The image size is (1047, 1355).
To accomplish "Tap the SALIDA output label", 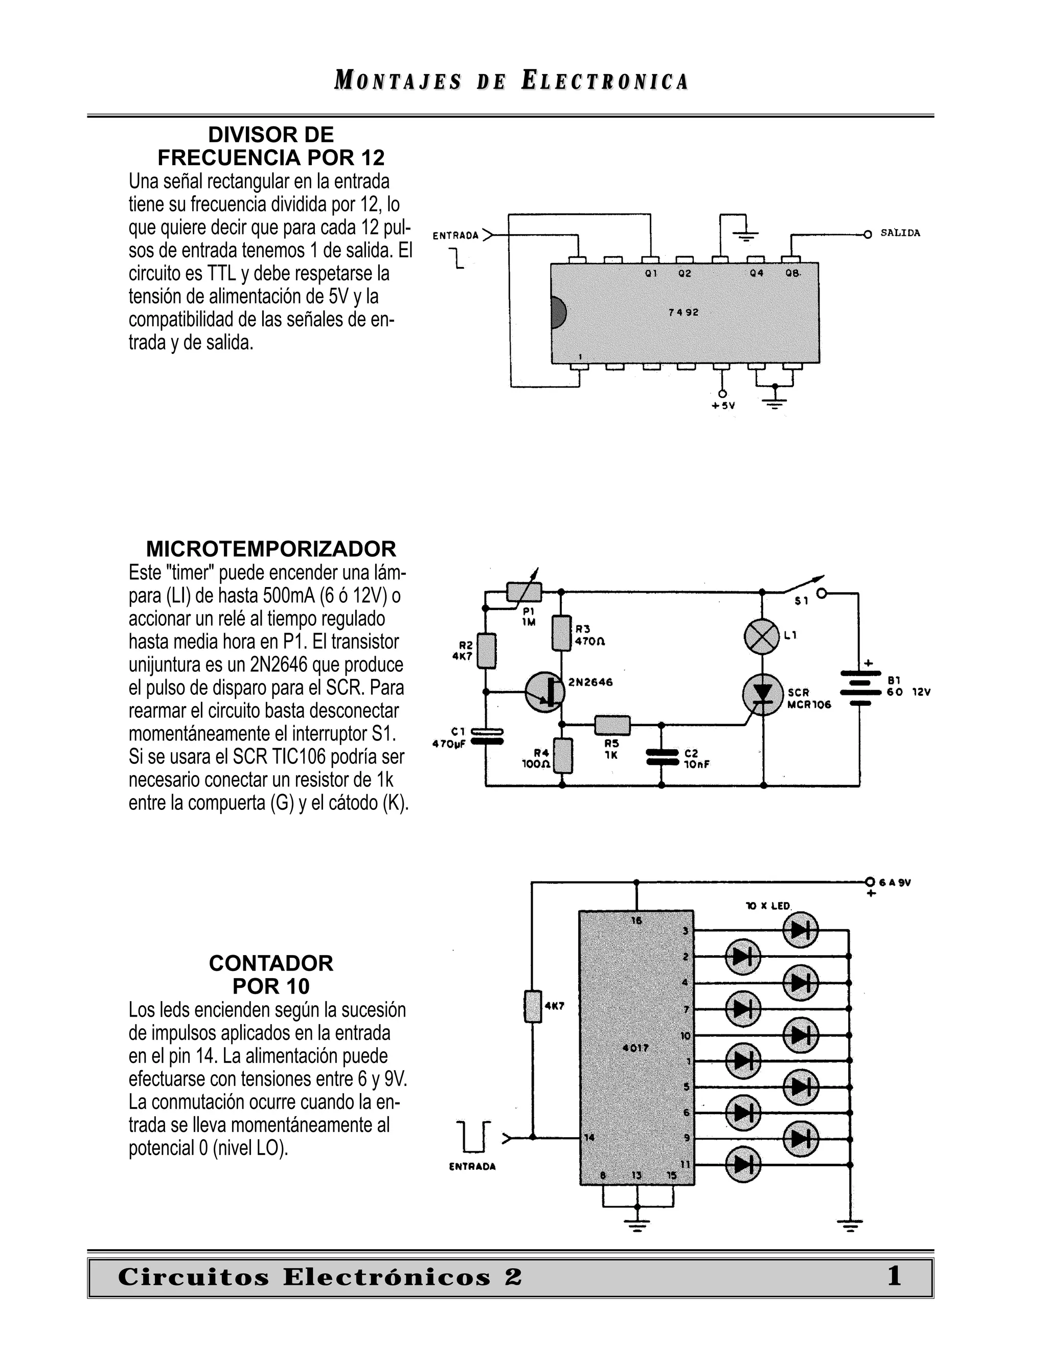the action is (x=900, y=233).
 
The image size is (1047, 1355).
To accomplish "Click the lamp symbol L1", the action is (x=762, y=636).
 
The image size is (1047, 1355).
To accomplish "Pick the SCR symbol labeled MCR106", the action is (x=762, y=694).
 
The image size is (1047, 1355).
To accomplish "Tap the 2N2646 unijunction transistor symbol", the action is (x=544, y=692).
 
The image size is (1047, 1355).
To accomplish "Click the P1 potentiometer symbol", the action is (x=524, y=593).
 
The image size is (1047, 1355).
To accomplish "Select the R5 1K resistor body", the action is (x=612, y=724).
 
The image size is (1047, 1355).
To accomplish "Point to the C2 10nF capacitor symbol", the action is (x=662, y=758).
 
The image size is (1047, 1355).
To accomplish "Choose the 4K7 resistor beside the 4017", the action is (x=533, y=1007).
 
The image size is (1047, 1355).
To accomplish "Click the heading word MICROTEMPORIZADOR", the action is (x=271, y=549).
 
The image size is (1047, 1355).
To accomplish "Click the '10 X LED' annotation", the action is (x=768, y=906).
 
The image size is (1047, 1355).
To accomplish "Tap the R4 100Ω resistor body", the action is (x=562, y=756).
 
